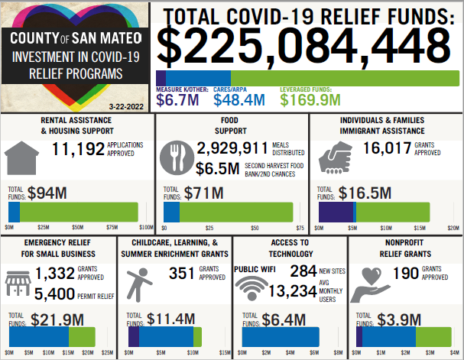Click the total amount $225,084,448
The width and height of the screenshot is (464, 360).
(309, 47)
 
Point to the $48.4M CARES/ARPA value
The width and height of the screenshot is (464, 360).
(238, 99)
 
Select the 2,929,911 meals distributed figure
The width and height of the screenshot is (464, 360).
(232, 148)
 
